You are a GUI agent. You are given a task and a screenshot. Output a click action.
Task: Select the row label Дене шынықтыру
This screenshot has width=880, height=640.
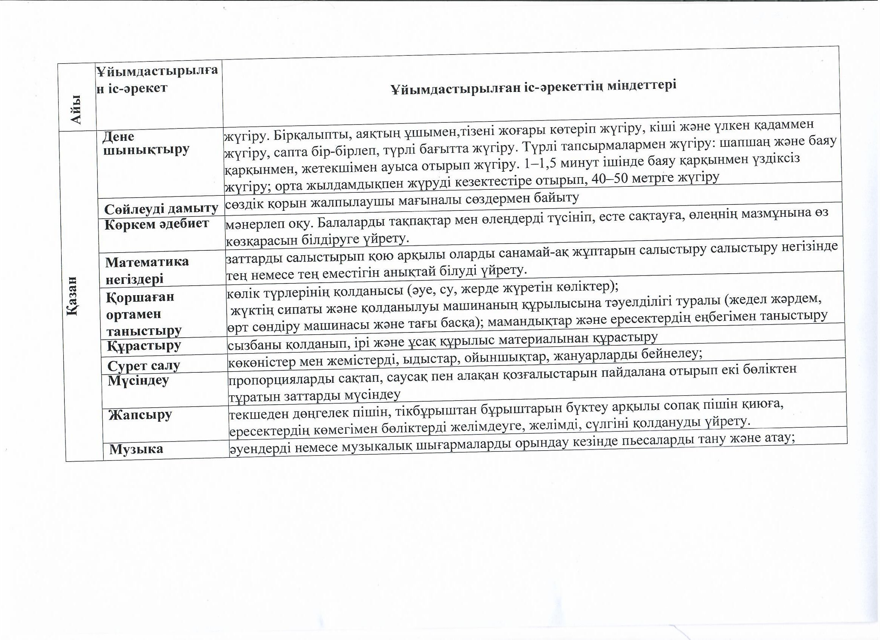pyautogui.click(x=146, y=143)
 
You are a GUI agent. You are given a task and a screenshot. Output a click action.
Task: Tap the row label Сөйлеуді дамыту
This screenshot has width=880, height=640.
pyautogui.click(x=161, y=209)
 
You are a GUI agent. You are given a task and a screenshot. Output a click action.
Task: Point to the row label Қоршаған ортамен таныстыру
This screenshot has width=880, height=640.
pyautogui.click(x=143, y=314)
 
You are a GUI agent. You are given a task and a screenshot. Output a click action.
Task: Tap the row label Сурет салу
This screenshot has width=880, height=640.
pyautogui.click(x=143, y=366)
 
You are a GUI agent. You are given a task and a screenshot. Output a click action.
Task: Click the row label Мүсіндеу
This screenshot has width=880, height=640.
pyautogui.click(x=138, y=381)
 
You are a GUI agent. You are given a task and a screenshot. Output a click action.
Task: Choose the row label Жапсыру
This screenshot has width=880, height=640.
pyautogui.click(x=140, y=415)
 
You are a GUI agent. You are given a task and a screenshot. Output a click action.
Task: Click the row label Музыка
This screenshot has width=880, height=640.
pyautogui.click(x=136, y=449)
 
